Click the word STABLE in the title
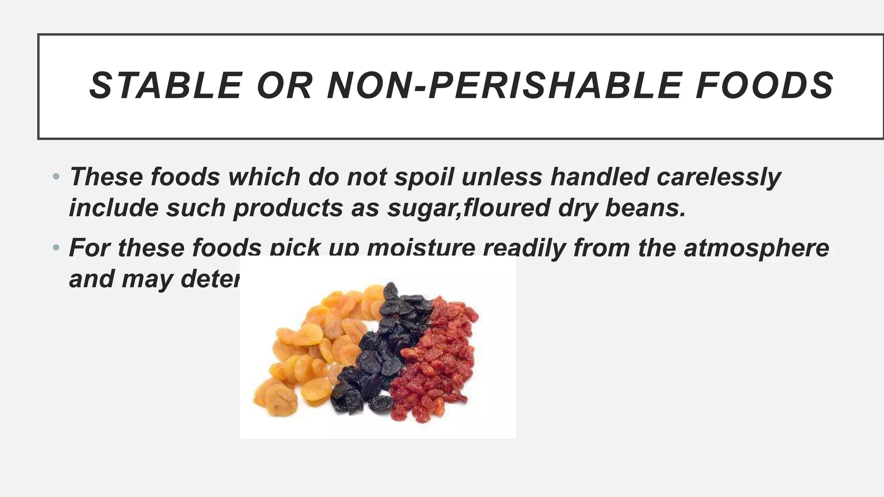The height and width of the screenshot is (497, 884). (165, 86)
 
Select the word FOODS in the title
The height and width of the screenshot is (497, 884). (764, 86)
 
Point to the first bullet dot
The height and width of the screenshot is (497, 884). (56, 176)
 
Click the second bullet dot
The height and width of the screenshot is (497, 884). (56, 248)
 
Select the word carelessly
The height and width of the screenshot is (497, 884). (719, 177)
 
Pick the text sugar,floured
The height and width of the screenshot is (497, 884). (468, 208)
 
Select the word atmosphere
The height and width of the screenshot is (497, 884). (756, 248)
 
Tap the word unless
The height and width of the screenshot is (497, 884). (502, 176)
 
